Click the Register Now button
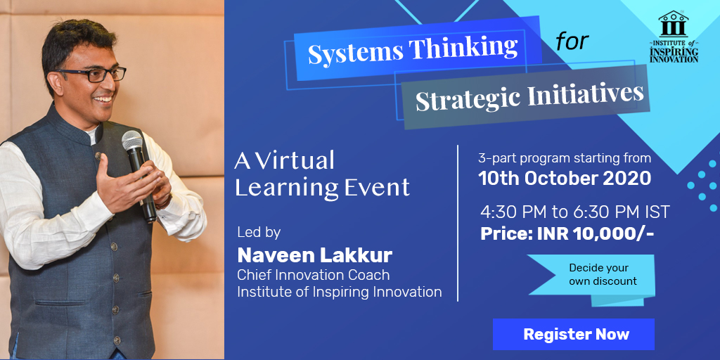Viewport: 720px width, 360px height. click(574, 334)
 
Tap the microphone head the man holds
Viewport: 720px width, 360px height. click(132, 141)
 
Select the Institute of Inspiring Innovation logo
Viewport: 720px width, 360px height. click(674, 37)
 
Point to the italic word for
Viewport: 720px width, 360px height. click(572, 41)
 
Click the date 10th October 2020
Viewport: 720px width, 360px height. click(565, 178)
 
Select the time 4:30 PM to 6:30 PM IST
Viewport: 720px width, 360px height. click(575, 212)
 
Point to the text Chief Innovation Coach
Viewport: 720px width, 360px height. click(313, 275)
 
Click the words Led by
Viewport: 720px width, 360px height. click(259, 233)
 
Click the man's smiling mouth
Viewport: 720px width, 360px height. click(103, 98)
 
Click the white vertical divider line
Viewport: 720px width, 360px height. click(458, 223)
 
